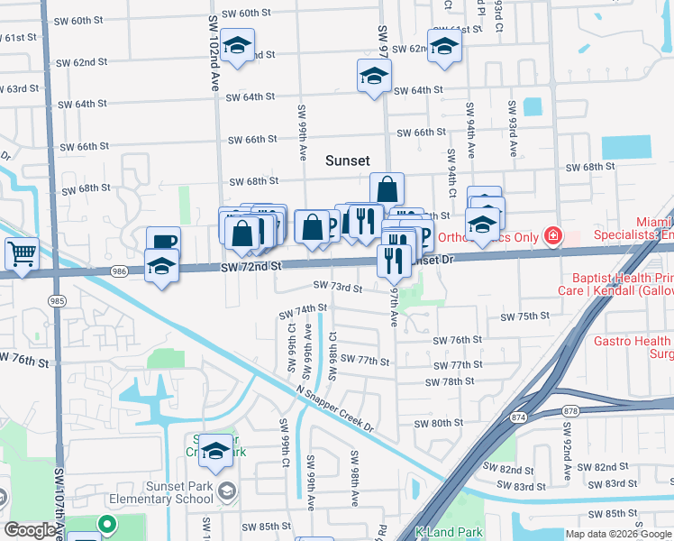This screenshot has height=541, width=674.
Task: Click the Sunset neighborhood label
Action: point(347,160)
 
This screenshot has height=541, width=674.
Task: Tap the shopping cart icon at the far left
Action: point(22,252)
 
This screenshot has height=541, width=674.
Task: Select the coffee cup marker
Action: point(164,242)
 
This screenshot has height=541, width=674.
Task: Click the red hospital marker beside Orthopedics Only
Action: point(551,237)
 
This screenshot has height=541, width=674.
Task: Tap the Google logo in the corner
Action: point(30,530)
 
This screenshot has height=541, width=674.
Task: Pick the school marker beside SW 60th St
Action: point(237,45)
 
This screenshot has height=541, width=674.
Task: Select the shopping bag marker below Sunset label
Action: point(387,190)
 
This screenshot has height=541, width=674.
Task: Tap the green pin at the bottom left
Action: point(107,524)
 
